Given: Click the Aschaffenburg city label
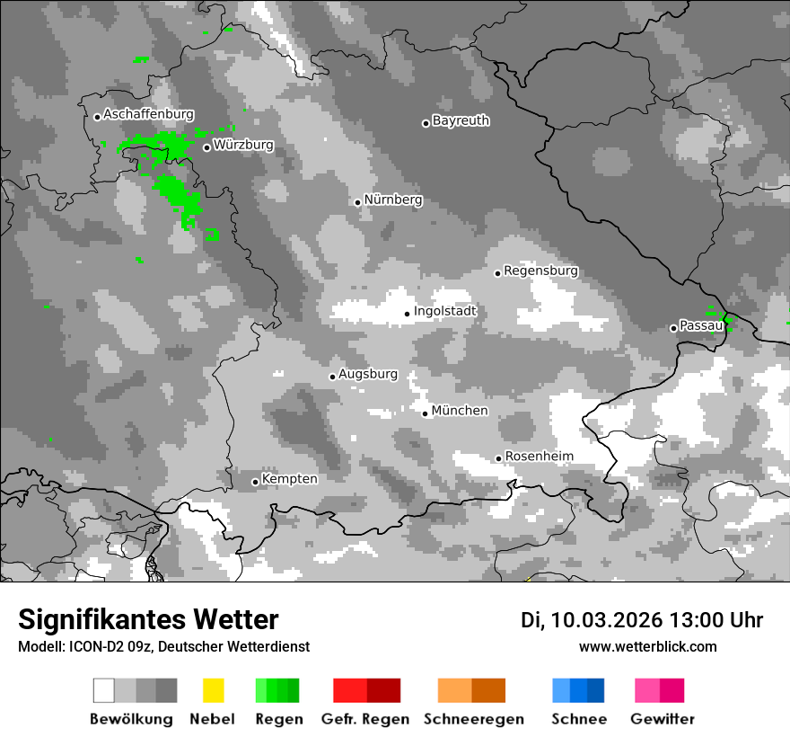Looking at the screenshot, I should tap(148, 115).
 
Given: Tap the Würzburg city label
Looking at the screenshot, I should tap(243, 145).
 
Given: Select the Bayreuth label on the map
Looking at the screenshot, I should tap(461, 120).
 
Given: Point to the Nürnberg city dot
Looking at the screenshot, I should tap(357, 202).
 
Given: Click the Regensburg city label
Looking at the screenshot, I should tap(540, 271).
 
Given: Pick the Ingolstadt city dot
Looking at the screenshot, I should tap(407, 314).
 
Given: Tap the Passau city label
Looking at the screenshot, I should tap(701, 325).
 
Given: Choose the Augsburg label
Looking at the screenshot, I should tap(368, 374).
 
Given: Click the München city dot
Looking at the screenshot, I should tap(426, 413).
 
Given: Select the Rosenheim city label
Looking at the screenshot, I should tap(539, 457).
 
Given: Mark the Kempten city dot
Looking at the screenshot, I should tap(255, 482).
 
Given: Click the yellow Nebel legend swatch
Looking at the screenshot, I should tap(213, 690).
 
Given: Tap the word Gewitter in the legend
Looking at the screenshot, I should tap(663, 719).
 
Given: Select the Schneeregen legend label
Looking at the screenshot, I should tap(474, 719).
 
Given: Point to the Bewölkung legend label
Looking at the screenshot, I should tap(131, 719).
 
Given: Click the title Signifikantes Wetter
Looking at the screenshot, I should tap(148, 619).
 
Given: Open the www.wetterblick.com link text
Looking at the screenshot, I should tap(648, 646).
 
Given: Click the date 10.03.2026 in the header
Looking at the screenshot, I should tap(606, 620).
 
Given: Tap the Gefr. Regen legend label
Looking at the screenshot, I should tap(365, 719).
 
